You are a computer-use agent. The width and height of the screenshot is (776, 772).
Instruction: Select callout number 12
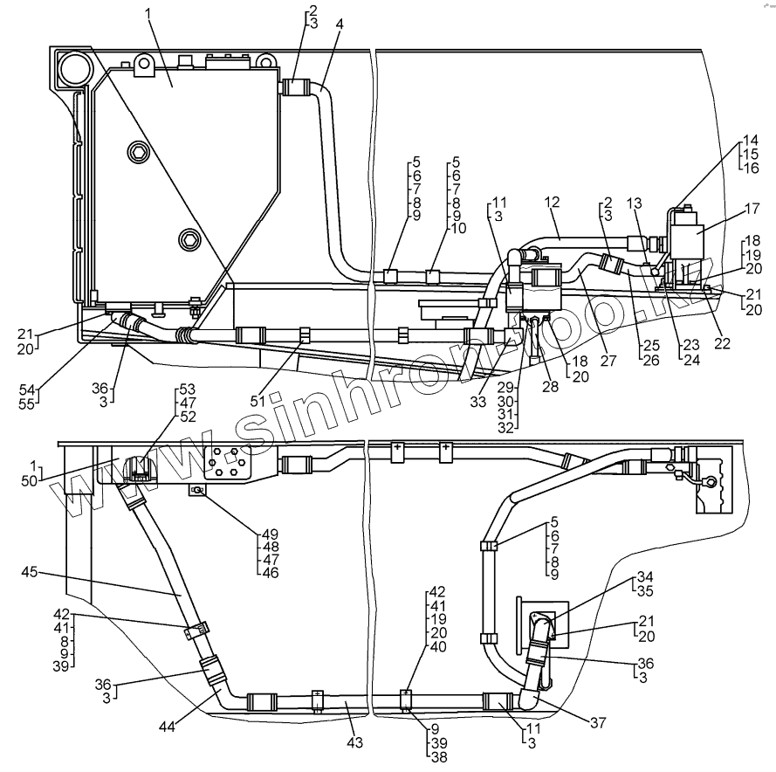pos(551,202)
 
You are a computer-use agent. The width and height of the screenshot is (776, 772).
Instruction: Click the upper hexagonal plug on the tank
pos(137,154)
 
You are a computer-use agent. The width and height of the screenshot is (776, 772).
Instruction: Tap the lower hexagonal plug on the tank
pos(189,238)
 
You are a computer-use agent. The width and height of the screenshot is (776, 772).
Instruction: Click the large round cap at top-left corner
pos(72,67)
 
